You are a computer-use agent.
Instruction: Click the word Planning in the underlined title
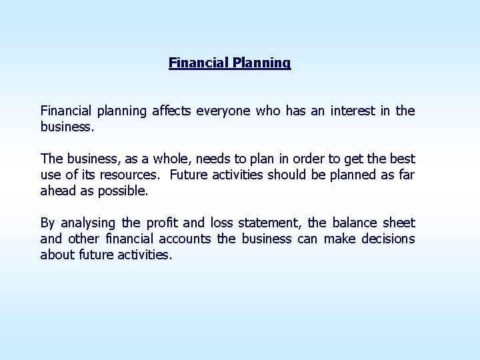pos(261,63)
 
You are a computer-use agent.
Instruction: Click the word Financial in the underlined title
pos(199,63)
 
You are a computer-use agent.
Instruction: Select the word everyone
pos(224,111)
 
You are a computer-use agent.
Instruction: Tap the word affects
pos(171,111)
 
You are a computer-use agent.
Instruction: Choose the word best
pos(401,159)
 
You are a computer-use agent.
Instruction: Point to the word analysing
pos(89,223)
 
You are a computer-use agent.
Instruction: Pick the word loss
pos(221,223)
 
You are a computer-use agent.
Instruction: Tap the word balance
pos(354,223)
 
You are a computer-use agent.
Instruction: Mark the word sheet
pos(399,223)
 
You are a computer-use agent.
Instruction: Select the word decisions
pos(388,239)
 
